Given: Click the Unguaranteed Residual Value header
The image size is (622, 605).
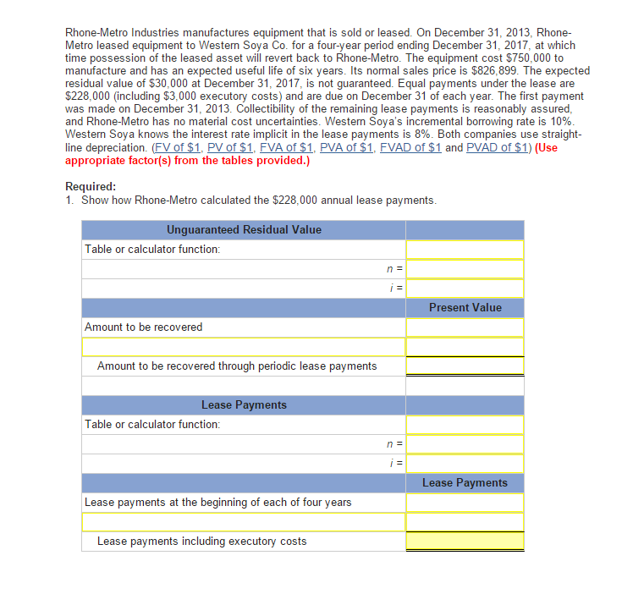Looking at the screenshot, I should click(x=244, y=229).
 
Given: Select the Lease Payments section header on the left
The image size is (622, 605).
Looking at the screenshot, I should click(x=244, y=405).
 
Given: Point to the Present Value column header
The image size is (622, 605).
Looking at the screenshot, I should click(x=465, y=307).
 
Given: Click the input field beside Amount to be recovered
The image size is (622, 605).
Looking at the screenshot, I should click(x=465, y=327).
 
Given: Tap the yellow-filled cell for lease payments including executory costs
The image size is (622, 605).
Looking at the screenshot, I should click(x=465, y=542).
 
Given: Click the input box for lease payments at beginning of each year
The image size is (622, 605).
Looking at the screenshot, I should click(x=465, y=503).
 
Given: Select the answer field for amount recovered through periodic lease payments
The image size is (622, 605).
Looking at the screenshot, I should click(x=465, y=366).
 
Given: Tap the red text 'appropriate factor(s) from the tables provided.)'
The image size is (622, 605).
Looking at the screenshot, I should click(x=187, y=160).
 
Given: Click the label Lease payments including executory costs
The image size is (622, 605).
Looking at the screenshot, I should click(x=202, y=542).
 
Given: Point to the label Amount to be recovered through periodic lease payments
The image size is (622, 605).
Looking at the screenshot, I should click(x=237, y=366).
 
